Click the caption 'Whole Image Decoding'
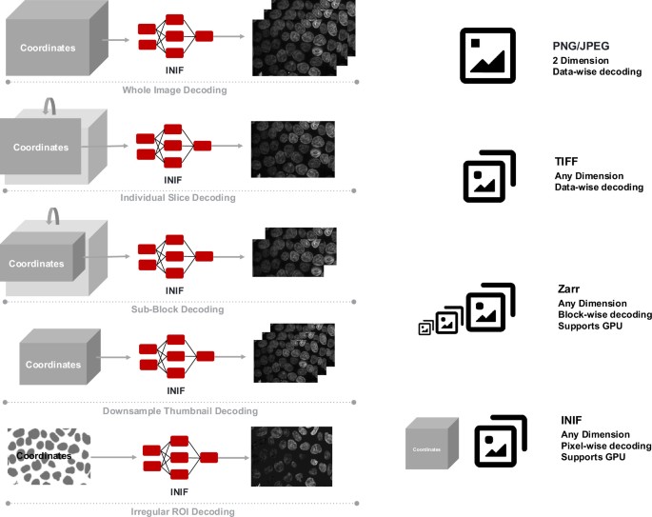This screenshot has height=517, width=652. pos(174,90)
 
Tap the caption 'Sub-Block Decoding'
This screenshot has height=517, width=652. pos(174,309)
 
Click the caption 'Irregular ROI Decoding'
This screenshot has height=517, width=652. pos(174,511)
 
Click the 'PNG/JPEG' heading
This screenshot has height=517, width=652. pos(582,47)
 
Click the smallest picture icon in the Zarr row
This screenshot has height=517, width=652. pos(425,328)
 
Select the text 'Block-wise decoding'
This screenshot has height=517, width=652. pos(604,314)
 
